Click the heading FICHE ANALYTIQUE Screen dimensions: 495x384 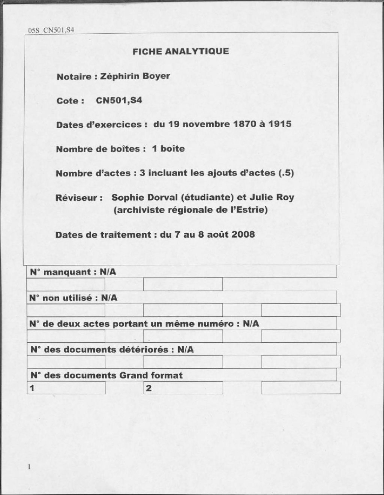click(180, 51)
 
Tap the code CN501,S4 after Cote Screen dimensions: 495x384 click(119, 100)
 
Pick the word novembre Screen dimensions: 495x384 click(205, 124)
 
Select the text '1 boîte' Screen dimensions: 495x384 click(168, 148)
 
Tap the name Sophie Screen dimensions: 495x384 click(126, 197)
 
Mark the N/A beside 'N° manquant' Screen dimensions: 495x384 click(108, 272)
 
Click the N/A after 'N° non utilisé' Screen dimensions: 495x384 click(109, 298)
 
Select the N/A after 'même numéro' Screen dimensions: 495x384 click(251, 324)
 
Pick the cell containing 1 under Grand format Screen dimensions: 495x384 click(66, 388)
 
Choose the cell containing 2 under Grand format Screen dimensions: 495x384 click(183, 388)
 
